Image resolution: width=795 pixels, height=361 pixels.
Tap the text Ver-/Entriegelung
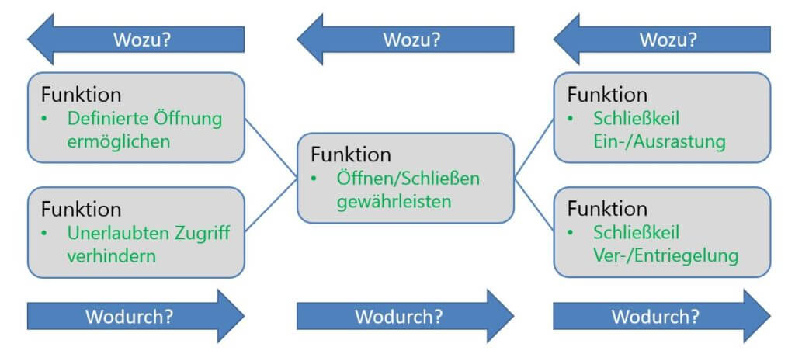[665, 256]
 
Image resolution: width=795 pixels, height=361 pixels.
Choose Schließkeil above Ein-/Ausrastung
[636, 119]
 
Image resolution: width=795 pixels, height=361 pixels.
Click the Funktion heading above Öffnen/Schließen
[351, 154]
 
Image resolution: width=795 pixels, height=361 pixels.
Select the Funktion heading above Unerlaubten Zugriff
[82, 209]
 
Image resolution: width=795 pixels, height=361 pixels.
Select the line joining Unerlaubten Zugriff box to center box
[272, 205]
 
